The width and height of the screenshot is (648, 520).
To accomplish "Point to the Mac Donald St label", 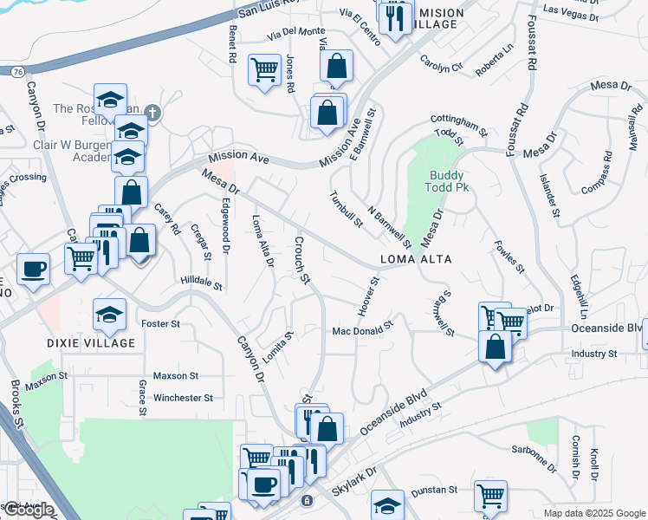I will (x=363, y=330).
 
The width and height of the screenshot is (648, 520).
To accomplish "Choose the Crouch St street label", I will (x=302, y=260).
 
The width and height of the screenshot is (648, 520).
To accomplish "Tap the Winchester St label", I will (x=183, y=399).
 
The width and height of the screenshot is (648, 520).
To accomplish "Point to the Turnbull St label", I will (x=346, y=209).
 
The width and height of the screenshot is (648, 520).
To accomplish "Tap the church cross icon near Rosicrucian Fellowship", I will (x=152, y=111).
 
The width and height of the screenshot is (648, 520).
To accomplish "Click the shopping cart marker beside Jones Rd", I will (x=264, y=69).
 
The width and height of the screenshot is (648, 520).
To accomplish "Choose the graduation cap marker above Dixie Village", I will (x=110, y=314).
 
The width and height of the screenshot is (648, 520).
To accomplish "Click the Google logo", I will (x=28, y=510).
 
